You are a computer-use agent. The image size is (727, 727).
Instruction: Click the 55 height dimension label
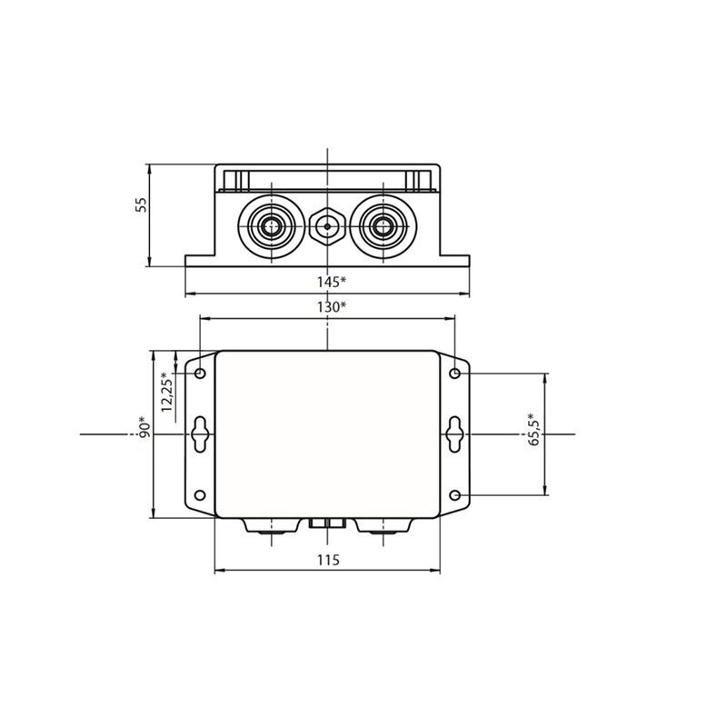pyautogui.click(x=141, y=205)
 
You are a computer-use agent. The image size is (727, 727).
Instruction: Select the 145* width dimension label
pyautogui.click(x=332, y=282)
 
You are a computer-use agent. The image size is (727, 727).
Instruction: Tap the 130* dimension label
pyautogui.click(x=332, y=307)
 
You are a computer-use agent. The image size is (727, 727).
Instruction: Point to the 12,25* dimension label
pyautogui.click(x=166, y=392)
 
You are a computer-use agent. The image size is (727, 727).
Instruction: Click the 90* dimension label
pyautogui.click(x=144, y=429)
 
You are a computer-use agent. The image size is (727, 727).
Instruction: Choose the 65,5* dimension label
pyautogui.click(x=534, y=429)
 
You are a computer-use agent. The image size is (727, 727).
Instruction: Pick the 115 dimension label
pyautogui.click(x=328, y=560)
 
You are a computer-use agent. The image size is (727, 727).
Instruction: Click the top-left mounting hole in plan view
pyautogui.click(x=200, y=373)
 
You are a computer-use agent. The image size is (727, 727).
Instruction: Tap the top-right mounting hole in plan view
pyautogui.click(x=455, y=373)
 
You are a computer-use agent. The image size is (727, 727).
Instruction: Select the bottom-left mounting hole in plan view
pyautogui.click(x=200, y=495)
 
